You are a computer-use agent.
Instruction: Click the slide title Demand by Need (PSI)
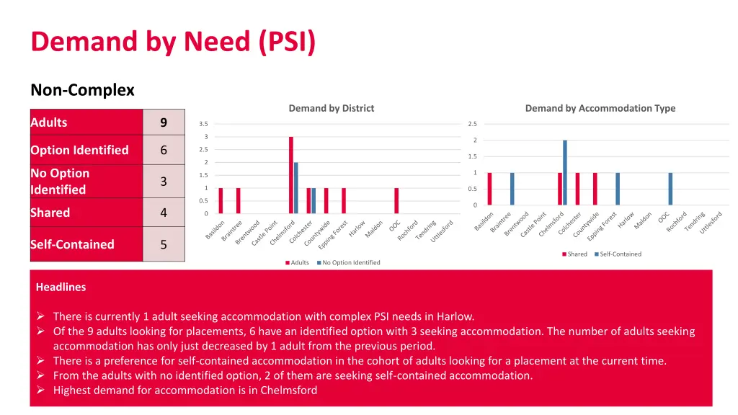coord(173,42)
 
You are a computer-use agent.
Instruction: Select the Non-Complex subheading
coord(82,90)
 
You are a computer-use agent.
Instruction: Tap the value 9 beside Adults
coord(164,122)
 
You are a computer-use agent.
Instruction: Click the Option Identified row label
coord(79,150)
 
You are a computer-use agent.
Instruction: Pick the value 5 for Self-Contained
coord(164,244)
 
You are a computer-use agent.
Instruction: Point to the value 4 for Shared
coord(164,213)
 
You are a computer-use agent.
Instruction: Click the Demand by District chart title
coord(331,108)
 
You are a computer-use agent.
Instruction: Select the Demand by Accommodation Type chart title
coord(600,108)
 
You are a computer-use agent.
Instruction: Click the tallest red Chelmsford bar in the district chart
coord(291,175)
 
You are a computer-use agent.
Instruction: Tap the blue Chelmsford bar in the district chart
coord(296,188)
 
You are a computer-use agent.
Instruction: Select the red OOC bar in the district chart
coord(396,201)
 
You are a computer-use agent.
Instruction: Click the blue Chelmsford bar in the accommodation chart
coord(565,173)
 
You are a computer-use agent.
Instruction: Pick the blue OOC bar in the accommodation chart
coord(670,189)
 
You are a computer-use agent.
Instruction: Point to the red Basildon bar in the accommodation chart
coord(489,189)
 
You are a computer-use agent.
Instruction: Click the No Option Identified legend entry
coord(351,262)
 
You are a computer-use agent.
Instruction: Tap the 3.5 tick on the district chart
coord(203,124)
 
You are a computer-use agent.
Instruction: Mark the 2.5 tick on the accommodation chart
coord(472,124)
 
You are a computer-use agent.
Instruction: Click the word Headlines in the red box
coord(61,287)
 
